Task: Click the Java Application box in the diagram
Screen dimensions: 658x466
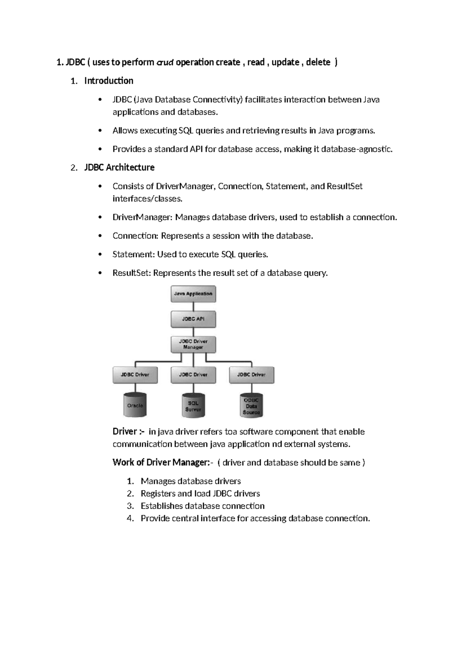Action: point(193,294)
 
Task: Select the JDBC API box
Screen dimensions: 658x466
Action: point(193,319)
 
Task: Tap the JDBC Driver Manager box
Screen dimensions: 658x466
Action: point(193,344)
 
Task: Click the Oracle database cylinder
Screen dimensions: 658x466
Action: point(135,405)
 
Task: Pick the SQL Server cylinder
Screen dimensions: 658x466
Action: point(193,406)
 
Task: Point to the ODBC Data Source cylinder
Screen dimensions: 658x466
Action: point(251,406)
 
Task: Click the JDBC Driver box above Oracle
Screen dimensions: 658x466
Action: point(135,375)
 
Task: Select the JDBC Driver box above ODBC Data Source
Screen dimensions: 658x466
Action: point(252,375)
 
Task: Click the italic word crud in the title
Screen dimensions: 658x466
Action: point(165,62)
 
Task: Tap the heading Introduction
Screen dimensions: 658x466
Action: point(109,81)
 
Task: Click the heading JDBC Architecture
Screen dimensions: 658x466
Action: point(119,167)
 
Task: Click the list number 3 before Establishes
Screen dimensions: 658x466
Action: point(130,506)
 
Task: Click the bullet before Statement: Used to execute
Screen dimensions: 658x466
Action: point(100,255)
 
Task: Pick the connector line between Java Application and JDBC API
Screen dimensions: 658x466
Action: point(193,306)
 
